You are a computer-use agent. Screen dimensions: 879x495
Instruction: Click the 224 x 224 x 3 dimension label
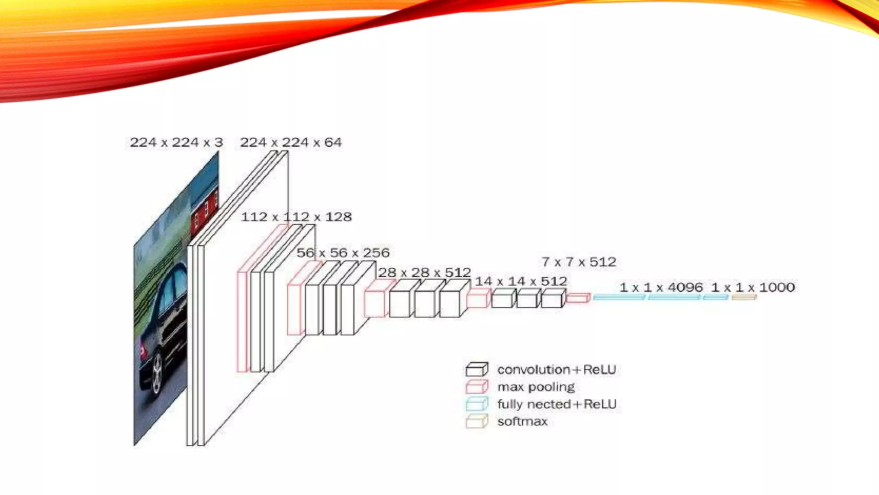[176, 142]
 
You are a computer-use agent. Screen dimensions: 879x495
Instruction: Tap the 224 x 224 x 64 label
[291, 142]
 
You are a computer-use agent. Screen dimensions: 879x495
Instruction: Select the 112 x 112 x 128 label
[296, 217]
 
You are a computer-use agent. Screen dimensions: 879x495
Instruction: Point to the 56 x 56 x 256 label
[343, 253]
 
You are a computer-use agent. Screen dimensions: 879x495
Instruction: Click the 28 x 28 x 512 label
[424, 272]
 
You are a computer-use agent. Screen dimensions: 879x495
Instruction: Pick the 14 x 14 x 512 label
[521, 281]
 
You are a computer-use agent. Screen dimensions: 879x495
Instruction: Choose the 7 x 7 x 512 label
[579, 262]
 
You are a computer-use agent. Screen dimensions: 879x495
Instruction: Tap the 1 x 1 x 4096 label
[661, 287]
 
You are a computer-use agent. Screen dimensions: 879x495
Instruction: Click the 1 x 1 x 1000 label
[753, 287]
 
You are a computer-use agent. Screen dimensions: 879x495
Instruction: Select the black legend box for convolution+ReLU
[477, 370]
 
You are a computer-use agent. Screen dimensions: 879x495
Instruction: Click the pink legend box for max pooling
[477, 387]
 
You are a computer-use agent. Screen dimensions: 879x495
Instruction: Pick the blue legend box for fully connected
[477, 404]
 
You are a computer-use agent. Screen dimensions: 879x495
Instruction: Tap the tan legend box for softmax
[477, 422]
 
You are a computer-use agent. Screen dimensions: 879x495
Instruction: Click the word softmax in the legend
[522, 422]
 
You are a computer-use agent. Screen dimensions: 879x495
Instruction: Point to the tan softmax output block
[744, 297]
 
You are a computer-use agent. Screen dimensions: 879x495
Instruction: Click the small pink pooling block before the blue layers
[578, 298]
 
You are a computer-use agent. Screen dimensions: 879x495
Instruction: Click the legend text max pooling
[536, 387]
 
